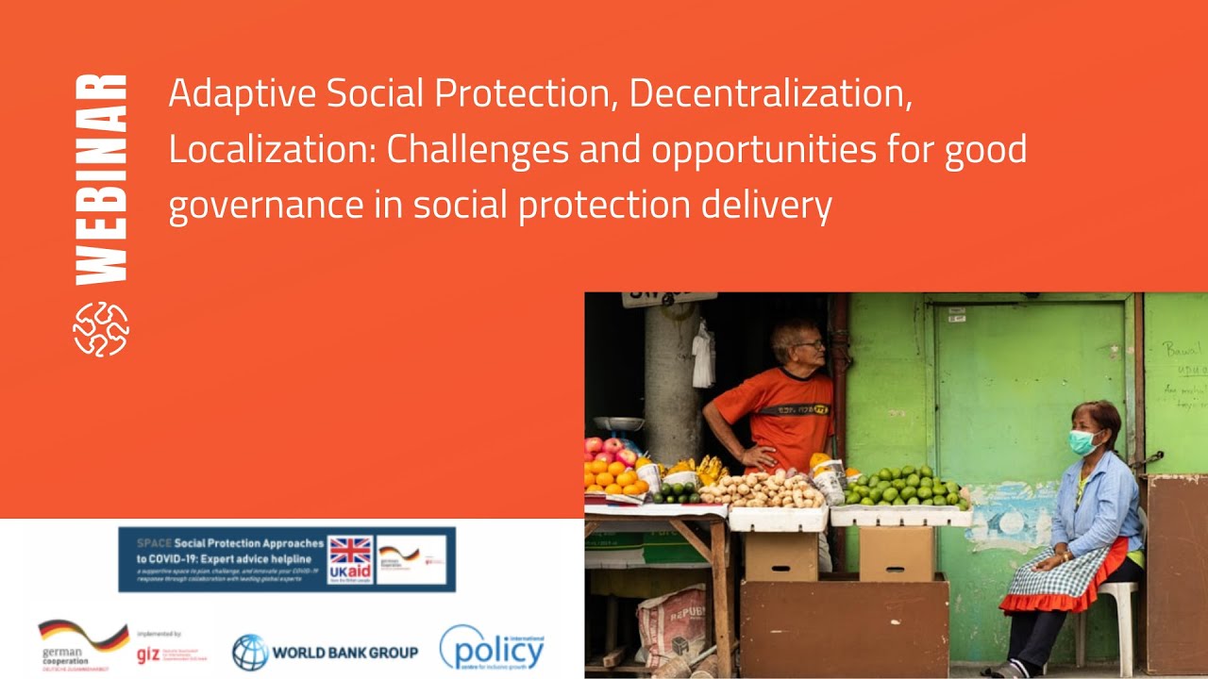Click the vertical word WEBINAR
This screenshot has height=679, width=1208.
pyautogui.click(x=101, y=178)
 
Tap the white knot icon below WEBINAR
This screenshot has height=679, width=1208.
pyautogui.click(x=101, y=329)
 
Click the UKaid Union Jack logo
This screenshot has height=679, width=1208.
pyautogui.click(x=349, y=559)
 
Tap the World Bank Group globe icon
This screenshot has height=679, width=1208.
pyautogui.click(x=250, y=652)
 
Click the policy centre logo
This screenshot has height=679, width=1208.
pyautogui.click(x=492, y=648)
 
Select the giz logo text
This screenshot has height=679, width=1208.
pyautogui.click(x=148, y=654)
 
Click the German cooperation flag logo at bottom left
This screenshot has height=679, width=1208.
pyautogui.click(x=83, y=638)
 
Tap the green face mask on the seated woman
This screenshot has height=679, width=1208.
pyautogui.click(x=1083, y=441)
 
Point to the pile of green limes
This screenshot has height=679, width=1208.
pyautogui.click(x=903, y=487)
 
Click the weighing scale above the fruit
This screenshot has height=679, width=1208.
pyautogui.click(x=618, y=424)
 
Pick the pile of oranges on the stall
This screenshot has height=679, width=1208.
pyautogui.click(x=612, y=476)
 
